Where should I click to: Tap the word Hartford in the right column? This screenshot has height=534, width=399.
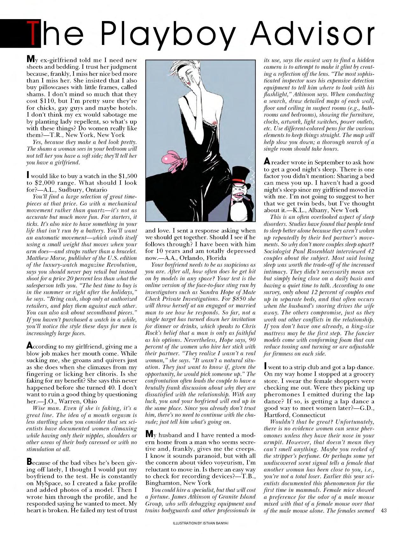tap(277, 415)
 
